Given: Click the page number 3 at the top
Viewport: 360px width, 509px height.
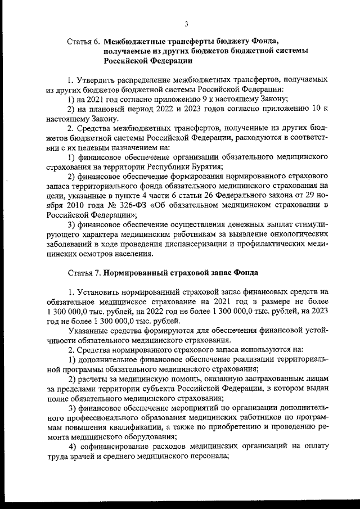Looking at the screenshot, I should pos(186,23).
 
